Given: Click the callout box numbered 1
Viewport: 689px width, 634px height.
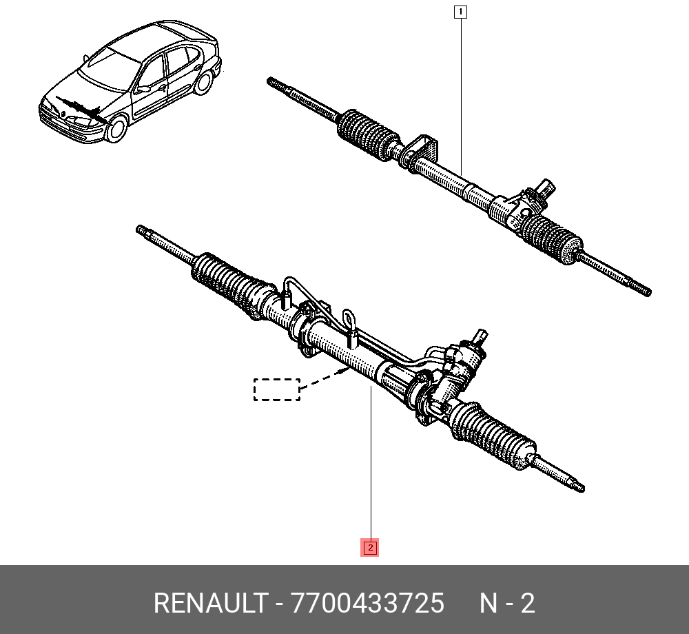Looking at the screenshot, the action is (x=460, y=12).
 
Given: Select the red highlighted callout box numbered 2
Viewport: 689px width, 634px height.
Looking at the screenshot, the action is (x=370, y=547).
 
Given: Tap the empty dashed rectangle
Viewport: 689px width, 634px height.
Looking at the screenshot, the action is (x=277, y=389).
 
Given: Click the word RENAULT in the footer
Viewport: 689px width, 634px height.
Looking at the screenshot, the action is (x=210, y=603).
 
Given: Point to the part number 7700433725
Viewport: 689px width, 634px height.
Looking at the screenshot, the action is (x=367, y=603).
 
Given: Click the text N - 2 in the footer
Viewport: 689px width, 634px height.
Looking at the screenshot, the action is (x=507, y=603).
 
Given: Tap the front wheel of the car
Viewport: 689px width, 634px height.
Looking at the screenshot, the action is (x=116, y=129).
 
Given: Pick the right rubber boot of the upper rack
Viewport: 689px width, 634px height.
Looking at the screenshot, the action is (x=553, y=238).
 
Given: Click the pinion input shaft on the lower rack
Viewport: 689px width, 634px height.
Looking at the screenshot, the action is (x=481, y=336).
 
